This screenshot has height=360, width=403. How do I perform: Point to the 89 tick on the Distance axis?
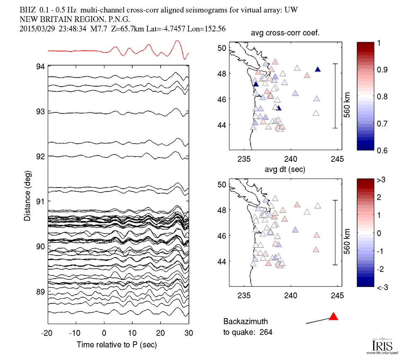pyautogui.click(x=41, y=291)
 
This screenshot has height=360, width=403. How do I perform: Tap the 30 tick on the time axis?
pyautogui.click(x=189, y=333)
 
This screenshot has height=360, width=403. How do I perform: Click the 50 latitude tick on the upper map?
pyautogui.click(x=222, y=48)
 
